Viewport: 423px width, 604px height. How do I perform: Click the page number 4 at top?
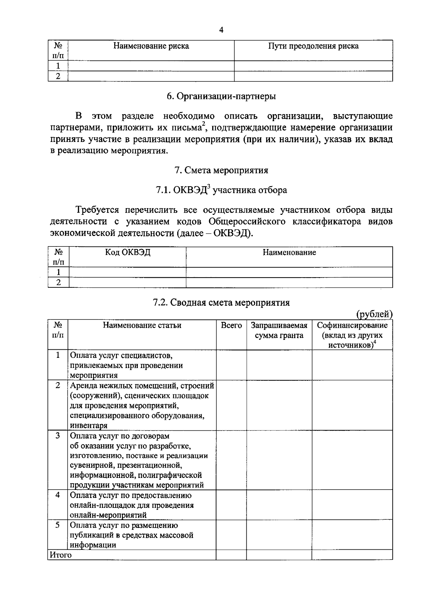point(221,30)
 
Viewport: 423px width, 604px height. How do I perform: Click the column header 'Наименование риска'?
point(151,46)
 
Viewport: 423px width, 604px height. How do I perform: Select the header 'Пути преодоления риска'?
point(313,46)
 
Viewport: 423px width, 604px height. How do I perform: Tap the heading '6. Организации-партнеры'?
point(221,96)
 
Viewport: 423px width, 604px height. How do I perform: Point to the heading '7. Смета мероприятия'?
point(221,170)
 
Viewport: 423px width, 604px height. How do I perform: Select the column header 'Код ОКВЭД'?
point(128,253)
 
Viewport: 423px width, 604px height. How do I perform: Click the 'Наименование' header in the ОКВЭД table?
point(289,253)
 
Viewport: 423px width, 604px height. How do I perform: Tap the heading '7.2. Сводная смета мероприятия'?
point(221,303)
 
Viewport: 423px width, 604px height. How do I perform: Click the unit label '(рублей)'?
point(374,314)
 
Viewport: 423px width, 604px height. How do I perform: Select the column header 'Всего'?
point(231,325)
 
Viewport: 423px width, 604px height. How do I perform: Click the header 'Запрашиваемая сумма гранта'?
point(279,330)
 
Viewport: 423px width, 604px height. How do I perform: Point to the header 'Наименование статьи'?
point(142,325)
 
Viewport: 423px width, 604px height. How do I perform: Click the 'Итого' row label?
point(60,555)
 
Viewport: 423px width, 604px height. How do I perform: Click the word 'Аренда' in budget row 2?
point(82,386)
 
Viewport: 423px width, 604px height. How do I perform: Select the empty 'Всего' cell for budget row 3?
point(231,460)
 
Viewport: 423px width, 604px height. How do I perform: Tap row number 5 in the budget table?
point(58,525)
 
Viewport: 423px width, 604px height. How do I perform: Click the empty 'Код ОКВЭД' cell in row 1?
point(128,272)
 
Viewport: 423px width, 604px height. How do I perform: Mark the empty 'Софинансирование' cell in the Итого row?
point(352,555)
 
